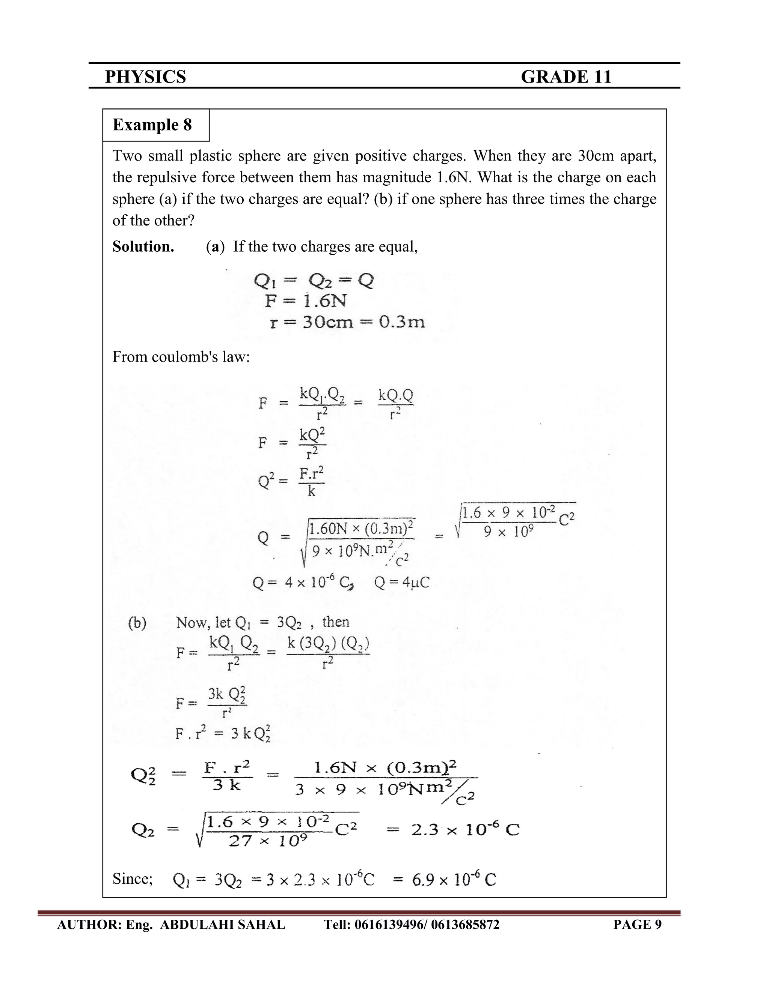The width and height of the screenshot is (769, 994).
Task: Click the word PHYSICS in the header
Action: tap(145, 77)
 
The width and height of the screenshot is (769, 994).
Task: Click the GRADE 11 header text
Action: tap(566, 77)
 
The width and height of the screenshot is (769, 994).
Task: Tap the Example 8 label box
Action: tap(152, 125)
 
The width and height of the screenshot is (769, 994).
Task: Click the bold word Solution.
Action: tap(143, 247)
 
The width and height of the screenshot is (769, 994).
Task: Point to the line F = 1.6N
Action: tap(306, 301)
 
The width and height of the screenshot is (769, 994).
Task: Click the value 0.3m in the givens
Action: tap(402, 322)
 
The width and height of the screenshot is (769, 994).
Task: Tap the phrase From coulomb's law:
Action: tap(181, 356)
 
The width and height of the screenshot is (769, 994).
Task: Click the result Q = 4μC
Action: tap(401, 583)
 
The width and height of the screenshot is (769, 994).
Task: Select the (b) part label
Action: tap(137, 623)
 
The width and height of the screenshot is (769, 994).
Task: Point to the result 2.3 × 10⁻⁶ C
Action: tap(465, 830)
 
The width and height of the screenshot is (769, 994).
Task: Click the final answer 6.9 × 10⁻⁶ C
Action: tap(454, 880)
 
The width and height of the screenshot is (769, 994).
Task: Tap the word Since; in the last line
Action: tap(133, 878)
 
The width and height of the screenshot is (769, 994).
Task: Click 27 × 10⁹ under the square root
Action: tap(267, 841)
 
